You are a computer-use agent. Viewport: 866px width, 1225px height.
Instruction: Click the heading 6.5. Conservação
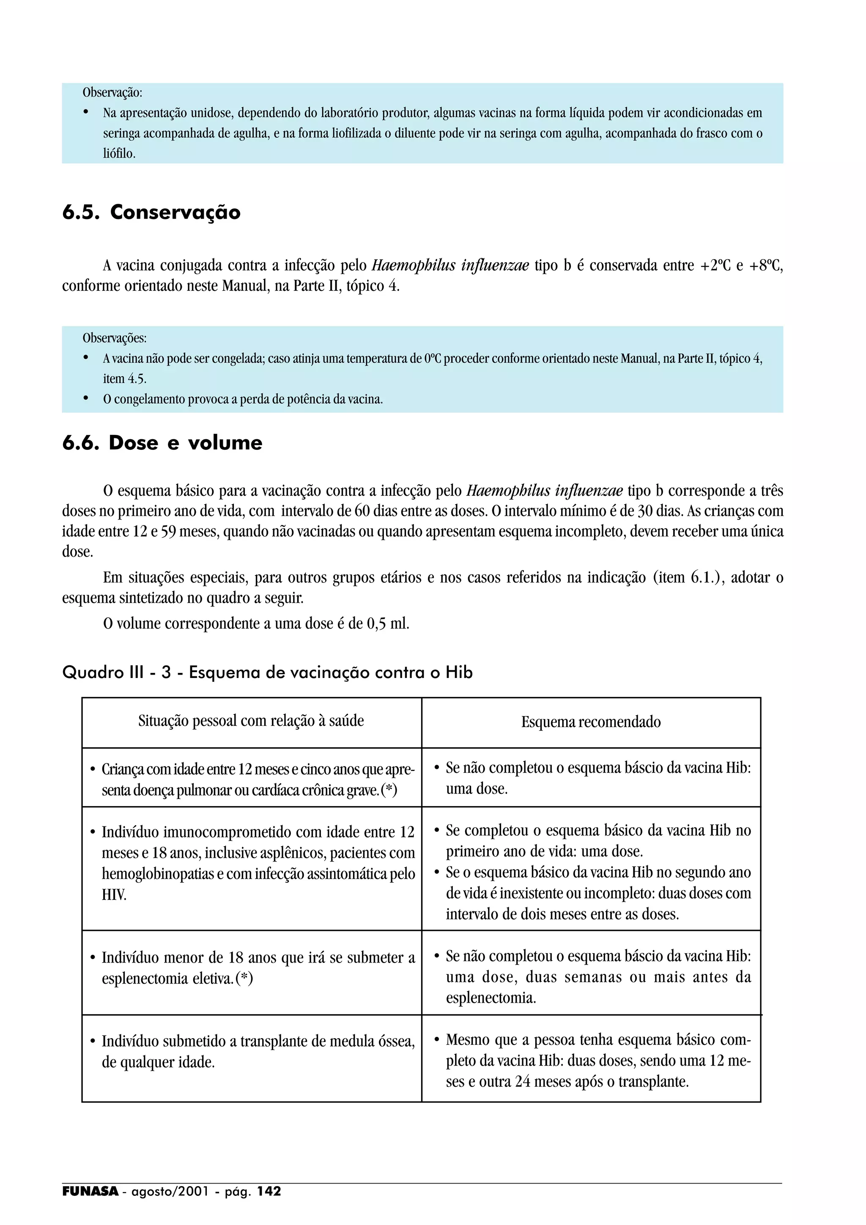(151, 212)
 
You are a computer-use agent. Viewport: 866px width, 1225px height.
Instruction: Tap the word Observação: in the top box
(112, 92)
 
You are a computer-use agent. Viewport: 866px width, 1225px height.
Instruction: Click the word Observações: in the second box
(114, 338)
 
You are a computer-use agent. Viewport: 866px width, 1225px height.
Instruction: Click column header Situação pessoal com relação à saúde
(251, 721)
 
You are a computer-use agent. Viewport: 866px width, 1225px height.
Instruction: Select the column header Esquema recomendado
(591, 722)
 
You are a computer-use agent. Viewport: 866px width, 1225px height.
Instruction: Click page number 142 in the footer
(269, 1191)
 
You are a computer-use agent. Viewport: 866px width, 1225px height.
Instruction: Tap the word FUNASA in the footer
(90, 1191)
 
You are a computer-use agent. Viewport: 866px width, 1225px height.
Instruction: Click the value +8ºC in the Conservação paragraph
(765, 266)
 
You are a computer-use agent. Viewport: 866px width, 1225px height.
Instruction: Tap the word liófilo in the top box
(119, 154)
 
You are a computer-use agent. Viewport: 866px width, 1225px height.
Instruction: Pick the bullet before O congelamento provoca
(86, 399)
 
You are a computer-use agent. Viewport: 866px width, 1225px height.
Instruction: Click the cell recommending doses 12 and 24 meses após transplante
(591, 1060)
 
